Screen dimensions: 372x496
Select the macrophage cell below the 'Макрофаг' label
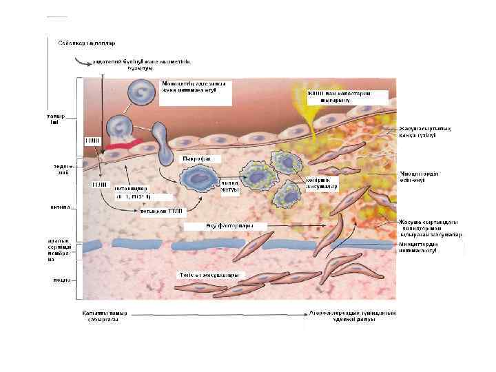point(199,178)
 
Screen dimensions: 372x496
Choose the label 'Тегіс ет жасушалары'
point(211,276)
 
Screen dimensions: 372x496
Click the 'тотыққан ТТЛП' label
point(161,211)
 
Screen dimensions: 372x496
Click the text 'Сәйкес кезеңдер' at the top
point(76,43)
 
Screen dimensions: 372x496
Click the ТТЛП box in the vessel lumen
point(92,141)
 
